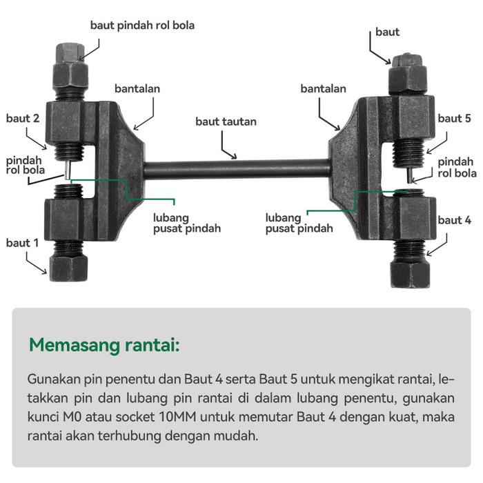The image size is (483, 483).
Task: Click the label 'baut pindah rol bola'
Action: pos(142,26)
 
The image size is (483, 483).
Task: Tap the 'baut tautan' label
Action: pos(226,121)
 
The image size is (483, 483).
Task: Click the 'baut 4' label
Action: pos(455,221)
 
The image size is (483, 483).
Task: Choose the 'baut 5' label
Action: pos(455,119)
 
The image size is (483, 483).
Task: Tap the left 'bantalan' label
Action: pos(137,89)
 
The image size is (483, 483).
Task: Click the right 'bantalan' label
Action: pos(324,89)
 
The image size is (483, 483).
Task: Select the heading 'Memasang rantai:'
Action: pos(104,345)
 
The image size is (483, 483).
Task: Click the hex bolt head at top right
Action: pos(407,75)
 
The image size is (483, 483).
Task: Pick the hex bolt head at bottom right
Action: pos(410,271)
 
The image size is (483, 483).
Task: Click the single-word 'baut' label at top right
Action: pos(387,32)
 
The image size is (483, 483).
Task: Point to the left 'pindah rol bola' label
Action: pos(26,165)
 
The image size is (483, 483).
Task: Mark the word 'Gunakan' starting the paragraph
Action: pos(53,379)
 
